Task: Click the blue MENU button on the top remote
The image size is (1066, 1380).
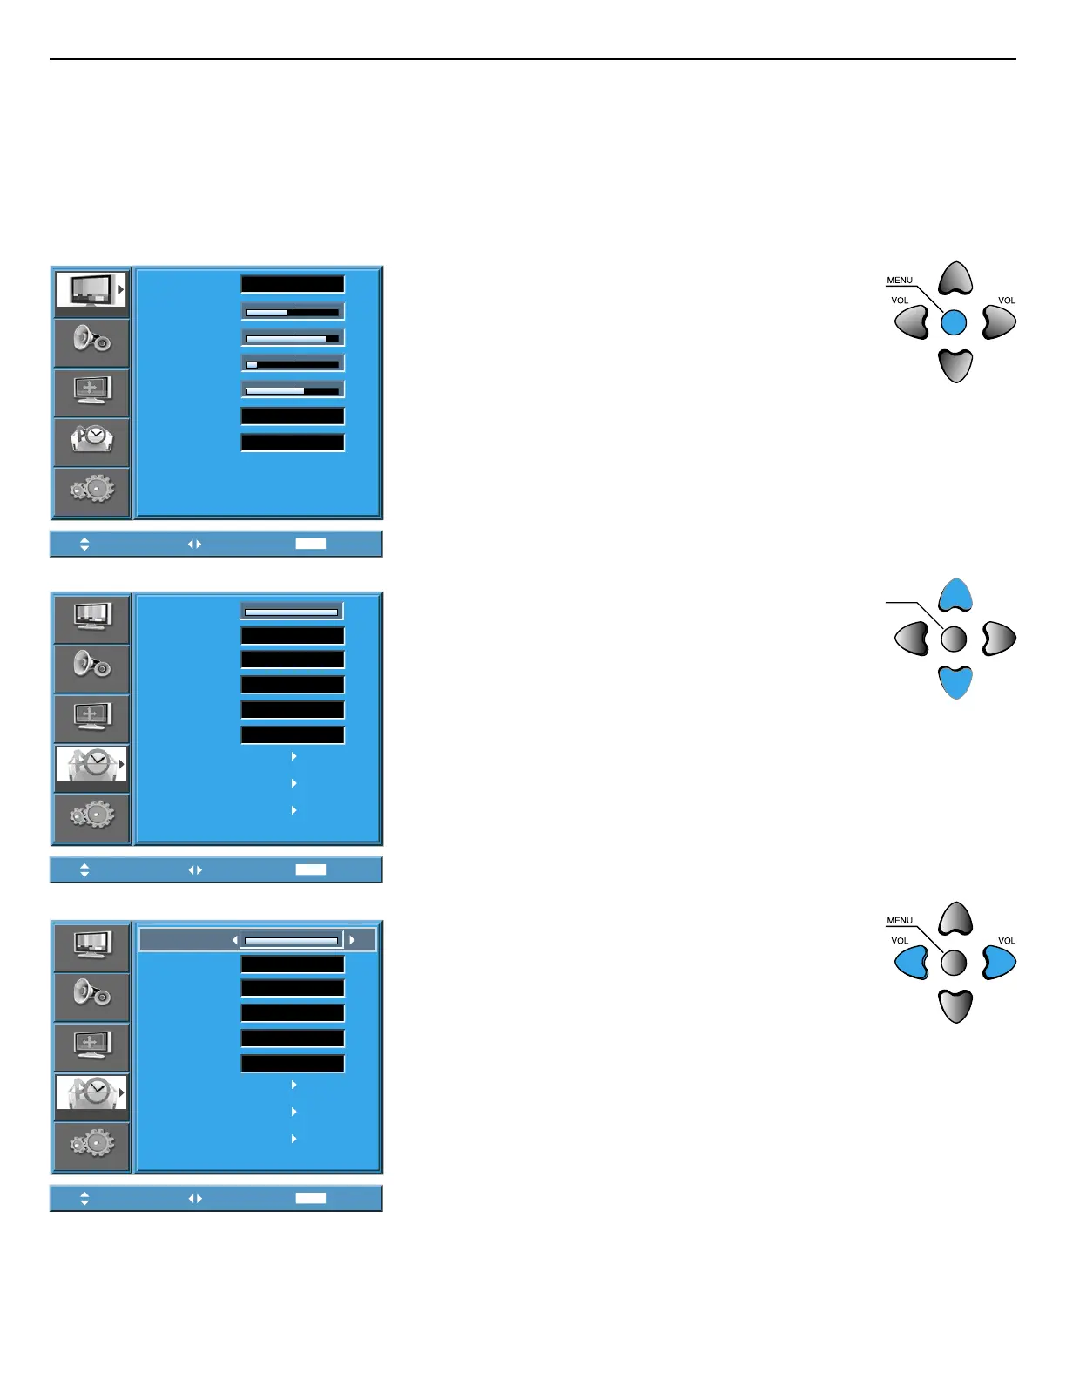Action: pyautogui.click(x=955, y=322)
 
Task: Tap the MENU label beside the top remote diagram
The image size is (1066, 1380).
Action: pyautogui.click(x=900, y=281)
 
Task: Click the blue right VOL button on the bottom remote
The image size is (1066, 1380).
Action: pyautogui.click(x=998, y=963)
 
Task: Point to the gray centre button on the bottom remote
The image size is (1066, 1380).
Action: pyautogui.click(x=955, y=963)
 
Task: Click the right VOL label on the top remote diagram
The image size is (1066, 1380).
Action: pyautogui.click(x=1007, y=301)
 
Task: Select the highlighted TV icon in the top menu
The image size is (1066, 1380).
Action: pyautogui.click(x=91, y=290)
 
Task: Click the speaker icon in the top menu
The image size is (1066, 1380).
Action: pyautogui.click(x=91, y=341)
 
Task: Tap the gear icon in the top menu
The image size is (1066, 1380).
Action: pyautogui.click(x=91, y=490)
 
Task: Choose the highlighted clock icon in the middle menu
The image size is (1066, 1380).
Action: pyautogui.click(x=91, y=767)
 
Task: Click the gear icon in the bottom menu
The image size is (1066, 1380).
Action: pyautogui.click(x=91, y=1144)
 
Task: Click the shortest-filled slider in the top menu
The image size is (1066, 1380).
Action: pyautogui.click(x=293, y=364)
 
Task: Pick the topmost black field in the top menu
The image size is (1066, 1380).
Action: pyautogui.click(x=293, y=284)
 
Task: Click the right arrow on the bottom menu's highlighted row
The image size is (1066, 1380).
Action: pyautogui.click(x=352, y=940)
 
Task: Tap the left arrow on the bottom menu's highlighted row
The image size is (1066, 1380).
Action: pyautogui.click(x=234, y=940)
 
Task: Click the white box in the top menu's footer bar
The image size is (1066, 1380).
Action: pyautogui.click(x=311, y=544)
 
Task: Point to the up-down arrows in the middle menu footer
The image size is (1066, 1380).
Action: pyautogui.click(x=84, y=869)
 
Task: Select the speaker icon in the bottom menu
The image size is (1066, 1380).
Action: pyautogui.click(x=91, y=995)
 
